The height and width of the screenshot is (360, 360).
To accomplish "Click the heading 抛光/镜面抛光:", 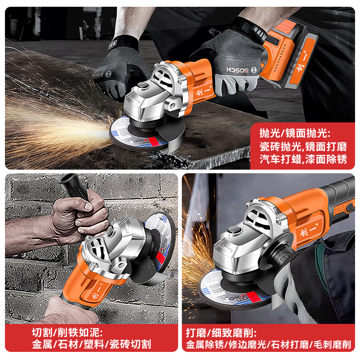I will (x=295, y=133).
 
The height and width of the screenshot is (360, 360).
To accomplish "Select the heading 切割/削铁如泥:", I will (x=67, y=333).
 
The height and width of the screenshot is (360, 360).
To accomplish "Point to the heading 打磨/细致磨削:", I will (x=221, y=333).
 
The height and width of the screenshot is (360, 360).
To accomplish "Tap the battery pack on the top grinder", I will (x=288, y=52).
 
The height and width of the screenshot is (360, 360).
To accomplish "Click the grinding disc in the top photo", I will (x=135, y=133).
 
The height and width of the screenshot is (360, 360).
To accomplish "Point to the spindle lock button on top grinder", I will (x=144, y=85).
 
